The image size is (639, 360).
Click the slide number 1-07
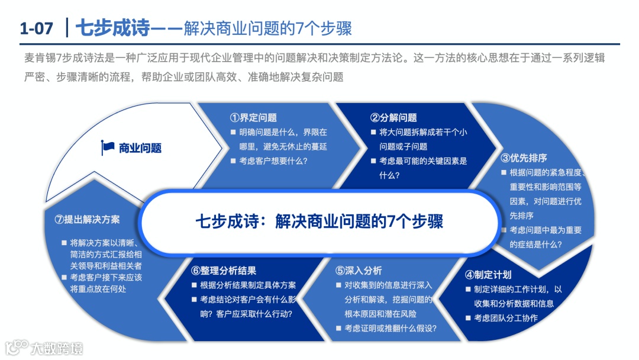[x=36, y=28]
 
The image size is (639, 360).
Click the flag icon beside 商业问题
[x=108, y=148]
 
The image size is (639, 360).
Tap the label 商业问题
[x=140, y=148]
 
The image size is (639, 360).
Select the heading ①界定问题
[x=253, y=118]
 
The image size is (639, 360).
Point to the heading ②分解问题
[x=393, y=118]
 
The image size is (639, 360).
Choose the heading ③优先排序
[x=524, y=158]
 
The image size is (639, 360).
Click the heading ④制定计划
[x=488, y=275]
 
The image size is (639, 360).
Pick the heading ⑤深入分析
[x=359, y=271]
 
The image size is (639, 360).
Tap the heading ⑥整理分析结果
[x=224, y=271]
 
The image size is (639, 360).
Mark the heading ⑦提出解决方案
[x=87, y=219]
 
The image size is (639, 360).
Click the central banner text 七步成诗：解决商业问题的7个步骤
[x=319, y=221]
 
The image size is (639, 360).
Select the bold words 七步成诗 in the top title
[x=112, y=28]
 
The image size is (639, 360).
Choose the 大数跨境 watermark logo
[x=44, y=348]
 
